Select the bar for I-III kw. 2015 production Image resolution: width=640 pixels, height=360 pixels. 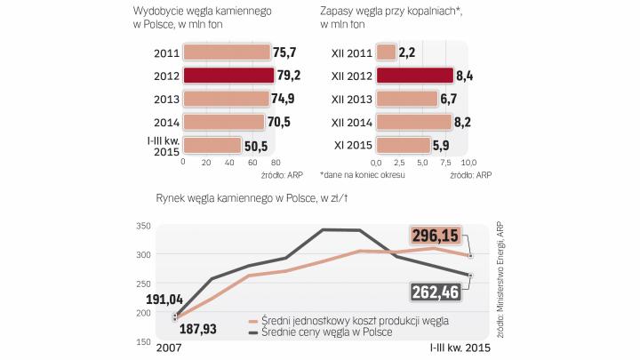[212, 145]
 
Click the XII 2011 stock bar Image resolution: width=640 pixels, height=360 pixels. [386, 52]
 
